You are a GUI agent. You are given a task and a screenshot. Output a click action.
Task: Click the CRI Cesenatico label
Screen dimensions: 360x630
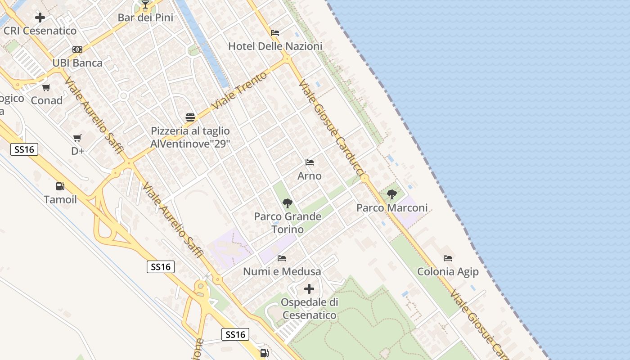click(x=40, y=31)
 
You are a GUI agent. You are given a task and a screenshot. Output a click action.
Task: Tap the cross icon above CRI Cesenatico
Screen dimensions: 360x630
click(x=40, y=18)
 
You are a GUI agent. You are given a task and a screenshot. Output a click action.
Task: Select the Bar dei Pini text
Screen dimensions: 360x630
click(x=145, y=18)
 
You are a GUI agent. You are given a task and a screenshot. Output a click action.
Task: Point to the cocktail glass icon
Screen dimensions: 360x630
click(x=145, y=5)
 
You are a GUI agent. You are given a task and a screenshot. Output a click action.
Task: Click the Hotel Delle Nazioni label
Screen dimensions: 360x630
click(x=275, y=46)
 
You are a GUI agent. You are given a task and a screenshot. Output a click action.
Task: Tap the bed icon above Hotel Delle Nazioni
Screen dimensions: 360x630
click(x=275, y=33)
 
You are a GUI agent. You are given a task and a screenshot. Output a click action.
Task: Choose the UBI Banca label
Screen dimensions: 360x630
click(x=77, y=63)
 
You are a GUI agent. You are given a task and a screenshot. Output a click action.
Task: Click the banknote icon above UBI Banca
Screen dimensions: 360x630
click(x=77, y=49)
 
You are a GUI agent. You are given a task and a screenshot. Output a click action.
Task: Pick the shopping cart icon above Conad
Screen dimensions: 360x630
click(x=46, y=87)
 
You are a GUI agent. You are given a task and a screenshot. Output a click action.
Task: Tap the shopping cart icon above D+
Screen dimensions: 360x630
click(x=77, y=138)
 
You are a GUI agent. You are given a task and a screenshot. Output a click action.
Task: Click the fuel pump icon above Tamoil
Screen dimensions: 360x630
click(x=60, y=186)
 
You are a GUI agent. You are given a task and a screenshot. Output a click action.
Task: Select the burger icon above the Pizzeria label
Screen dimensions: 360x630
click(x=190, y=118)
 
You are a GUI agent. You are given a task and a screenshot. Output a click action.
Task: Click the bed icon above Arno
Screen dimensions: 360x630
click(x=310, y=162)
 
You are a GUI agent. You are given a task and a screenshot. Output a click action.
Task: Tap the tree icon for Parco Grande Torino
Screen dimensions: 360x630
click(x=288, y=203)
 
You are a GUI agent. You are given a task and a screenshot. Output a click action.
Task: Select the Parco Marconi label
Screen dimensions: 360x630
click(x=392, y=208)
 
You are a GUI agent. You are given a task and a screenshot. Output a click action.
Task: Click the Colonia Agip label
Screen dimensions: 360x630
click(x=448, y=272)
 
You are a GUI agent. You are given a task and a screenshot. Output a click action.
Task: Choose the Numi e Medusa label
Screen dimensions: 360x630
click(x=282, y=271)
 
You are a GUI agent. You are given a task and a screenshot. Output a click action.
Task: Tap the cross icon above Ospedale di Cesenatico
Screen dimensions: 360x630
click(x=309, y=289)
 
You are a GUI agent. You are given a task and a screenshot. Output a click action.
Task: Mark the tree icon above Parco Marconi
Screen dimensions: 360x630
click(x=392, y=194)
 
